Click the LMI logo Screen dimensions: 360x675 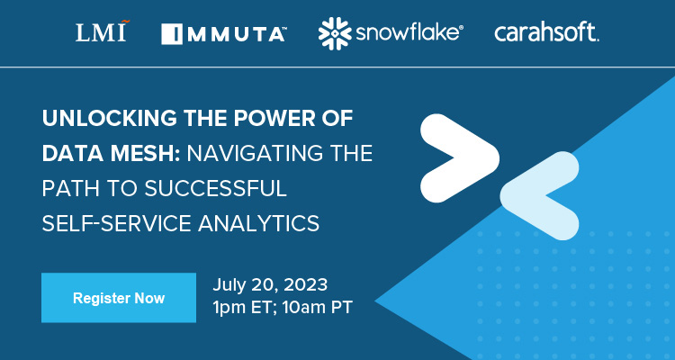pos(101,33)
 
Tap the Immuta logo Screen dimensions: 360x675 pos(224,34)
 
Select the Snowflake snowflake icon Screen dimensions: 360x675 pos(335,33)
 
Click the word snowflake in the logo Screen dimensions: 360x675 pos(409,33)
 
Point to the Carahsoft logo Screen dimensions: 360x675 pos(546,33)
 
